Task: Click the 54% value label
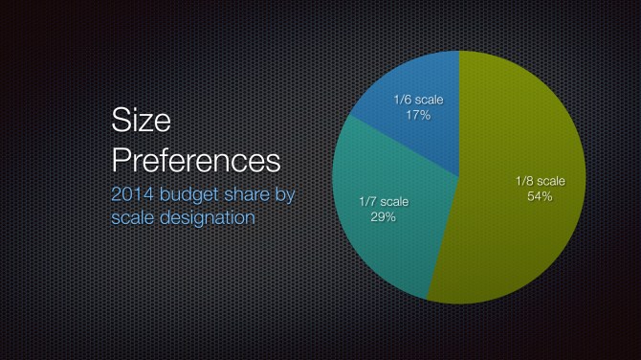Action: [541, 196]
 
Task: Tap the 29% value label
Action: [383, 217]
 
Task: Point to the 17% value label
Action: [418, 115]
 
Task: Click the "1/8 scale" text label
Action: [541, 180]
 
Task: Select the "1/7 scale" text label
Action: [383, 201]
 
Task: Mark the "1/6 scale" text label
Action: [419, 99]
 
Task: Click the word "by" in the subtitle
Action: [287, 195]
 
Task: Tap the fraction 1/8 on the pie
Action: [524, 180]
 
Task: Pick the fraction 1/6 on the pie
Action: [403, 99]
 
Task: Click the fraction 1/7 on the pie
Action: [366, 201]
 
